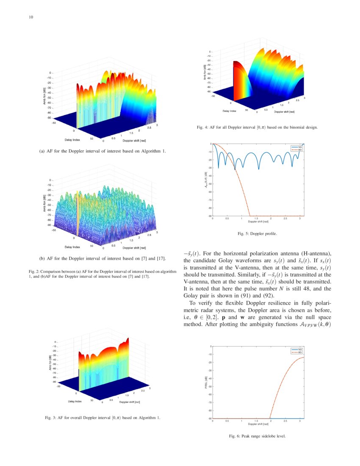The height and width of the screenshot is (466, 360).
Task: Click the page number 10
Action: coord(25,17)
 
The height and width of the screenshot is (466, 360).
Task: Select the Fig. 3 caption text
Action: coord(103,418)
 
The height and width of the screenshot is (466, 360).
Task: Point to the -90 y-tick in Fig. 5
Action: coord(209,216)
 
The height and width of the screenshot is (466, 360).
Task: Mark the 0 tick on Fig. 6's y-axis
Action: coord(210,347)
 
